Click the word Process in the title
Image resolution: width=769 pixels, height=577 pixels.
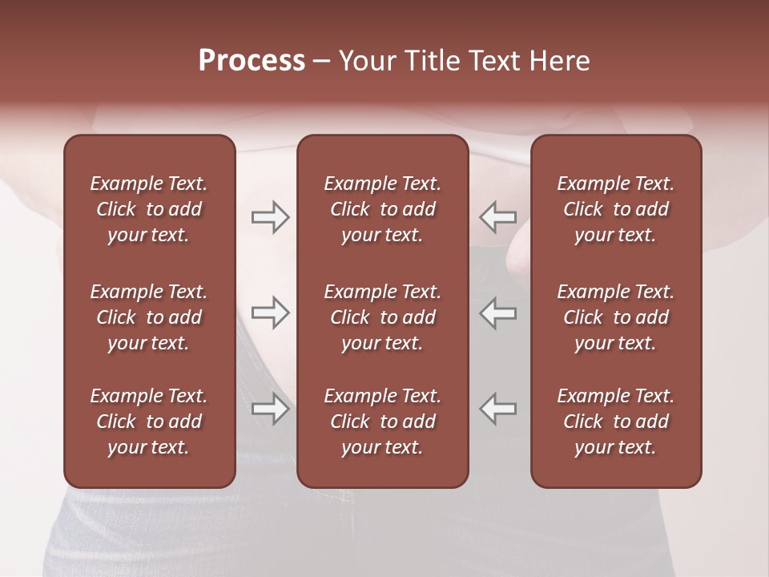[x=252, y=61]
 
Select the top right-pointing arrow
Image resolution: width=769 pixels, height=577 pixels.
[x=270, y=216]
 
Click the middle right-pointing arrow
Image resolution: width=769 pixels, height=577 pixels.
[x=270, y=313]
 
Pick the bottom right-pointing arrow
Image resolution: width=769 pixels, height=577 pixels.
[x=270, y=409]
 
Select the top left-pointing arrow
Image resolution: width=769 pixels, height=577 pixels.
[x=498, y=216]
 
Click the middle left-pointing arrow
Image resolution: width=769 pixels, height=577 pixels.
[x=498, y=313]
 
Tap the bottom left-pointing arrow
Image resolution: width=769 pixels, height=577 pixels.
[x=498, y=409]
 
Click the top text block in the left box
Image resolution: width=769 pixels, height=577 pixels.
[x=149, y=209]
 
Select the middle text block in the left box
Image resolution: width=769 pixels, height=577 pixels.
[x=149, y=317]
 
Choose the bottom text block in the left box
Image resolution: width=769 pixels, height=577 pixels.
[x=149, y=422]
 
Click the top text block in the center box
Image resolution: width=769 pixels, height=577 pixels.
[x=382, y=209]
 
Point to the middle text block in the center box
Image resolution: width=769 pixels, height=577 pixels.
[x=382, y=317]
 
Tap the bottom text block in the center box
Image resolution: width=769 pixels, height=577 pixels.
[x=382, y=422]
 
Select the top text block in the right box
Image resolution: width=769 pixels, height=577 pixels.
[x=615, y=209]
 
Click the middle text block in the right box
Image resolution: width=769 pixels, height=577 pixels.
[x=615, y=317]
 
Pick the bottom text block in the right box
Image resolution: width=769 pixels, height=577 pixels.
[x=615, y=422]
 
